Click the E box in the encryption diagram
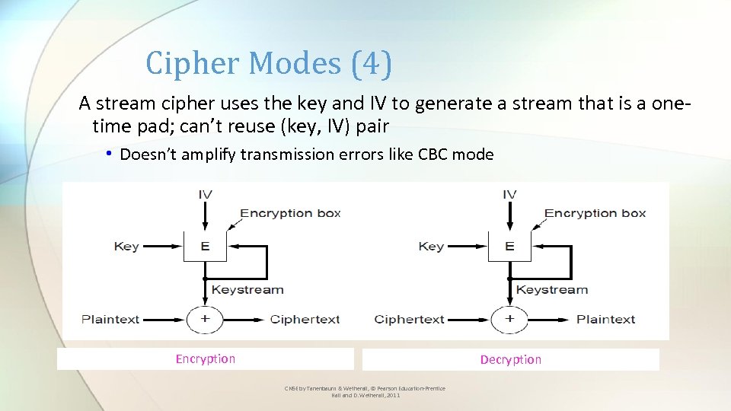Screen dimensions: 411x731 tap(204, 247)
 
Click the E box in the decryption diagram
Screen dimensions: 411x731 tap(509, 247)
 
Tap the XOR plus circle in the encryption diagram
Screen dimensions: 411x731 tap(205, 319)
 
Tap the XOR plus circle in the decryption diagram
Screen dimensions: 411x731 tap(509, 319)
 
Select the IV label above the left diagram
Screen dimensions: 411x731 tap(205, 195)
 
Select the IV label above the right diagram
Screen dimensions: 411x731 tap(509, 195)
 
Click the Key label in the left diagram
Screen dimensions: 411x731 tap(126, 247)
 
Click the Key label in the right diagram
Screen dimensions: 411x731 tap(431, 247)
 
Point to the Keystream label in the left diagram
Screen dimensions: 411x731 tap(247, 290)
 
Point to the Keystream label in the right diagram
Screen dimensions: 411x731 tap(552, 290)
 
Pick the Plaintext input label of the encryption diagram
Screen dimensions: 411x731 tap(110, 320)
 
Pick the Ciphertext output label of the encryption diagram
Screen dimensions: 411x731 tap(305, 320)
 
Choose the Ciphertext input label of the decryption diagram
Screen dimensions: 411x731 tap(410, 320)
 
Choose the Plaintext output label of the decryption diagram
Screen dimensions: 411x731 tap(605, 320)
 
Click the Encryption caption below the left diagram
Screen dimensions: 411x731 tap(206, 359)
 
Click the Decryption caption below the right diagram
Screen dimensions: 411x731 tap(511, 360)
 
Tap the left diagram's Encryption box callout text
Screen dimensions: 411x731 tap(291, 213)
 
